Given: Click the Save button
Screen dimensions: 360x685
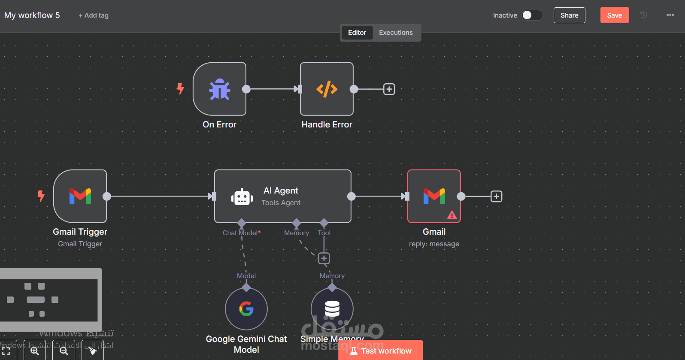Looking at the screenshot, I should point(614,15).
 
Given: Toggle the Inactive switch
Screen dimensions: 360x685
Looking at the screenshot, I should point(532,15).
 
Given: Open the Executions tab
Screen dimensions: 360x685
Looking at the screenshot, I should point(395,33).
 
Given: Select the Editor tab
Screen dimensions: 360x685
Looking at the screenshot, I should point(357,33).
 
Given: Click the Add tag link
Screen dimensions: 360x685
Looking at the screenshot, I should point(94,15).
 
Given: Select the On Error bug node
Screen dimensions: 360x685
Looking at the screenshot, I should point(219,89).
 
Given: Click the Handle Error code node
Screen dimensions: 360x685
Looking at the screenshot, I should point(327,89).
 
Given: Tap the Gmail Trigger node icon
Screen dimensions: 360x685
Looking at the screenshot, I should point(80,196).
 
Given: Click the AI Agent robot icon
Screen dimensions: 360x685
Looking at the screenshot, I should point(242,197).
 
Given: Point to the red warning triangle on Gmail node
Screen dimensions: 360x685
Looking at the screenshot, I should point(452,215).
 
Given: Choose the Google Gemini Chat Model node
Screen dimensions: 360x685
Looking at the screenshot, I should point(246,309).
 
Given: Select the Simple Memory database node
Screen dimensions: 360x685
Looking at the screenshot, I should point(332,309).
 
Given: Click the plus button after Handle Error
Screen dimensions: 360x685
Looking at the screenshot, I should point(389,89).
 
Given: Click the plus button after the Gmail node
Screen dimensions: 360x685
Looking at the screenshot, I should point(496,197).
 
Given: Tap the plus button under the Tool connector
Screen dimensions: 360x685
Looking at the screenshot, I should point(324,258).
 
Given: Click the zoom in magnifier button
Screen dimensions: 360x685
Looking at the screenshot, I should point(35,351).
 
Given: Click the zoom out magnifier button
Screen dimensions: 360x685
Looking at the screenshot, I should point(64,351).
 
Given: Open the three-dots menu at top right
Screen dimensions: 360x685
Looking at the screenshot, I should point(670,15).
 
